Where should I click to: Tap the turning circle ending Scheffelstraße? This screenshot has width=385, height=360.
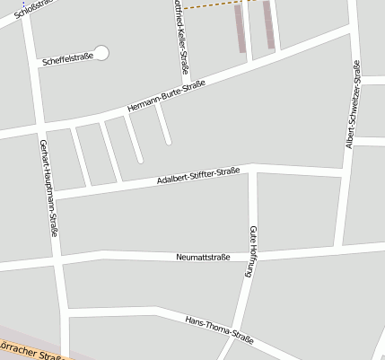[101, 53]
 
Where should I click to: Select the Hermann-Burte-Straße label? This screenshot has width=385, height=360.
[166, 96]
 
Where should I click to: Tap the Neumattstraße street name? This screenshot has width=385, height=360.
[204, 258]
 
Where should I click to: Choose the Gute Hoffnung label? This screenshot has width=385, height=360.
[252, 250]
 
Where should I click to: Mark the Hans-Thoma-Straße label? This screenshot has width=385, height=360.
[218, 330]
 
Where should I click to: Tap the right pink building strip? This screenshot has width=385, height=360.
[267, 25]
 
